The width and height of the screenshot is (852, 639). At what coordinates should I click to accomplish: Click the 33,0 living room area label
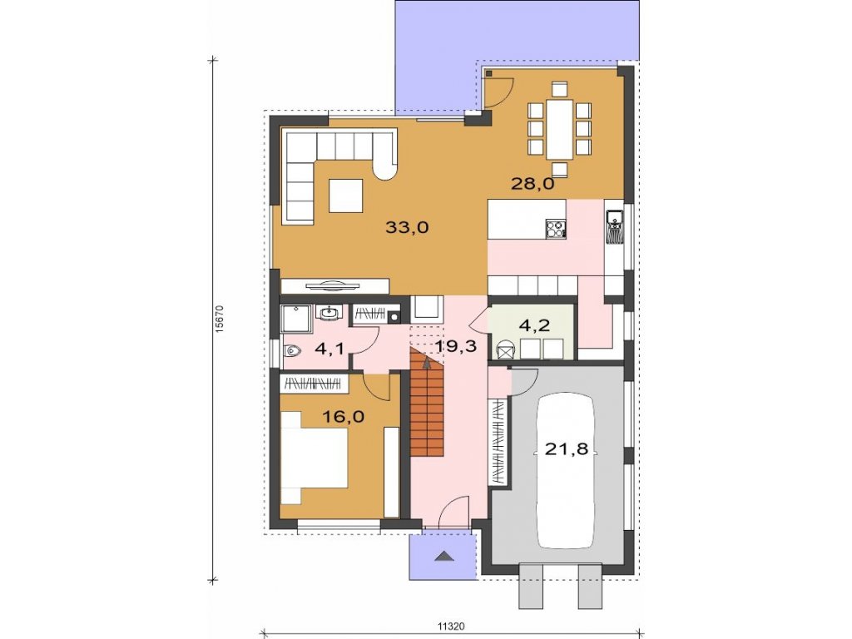(x=407, y=227)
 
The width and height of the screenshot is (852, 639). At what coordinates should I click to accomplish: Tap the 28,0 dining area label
(x=532, y=184)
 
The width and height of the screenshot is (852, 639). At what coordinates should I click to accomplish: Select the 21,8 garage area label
(x=566, y=449)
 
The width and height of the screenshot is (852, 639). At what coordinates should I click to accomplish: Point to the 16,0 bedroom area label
(x=343, y=417)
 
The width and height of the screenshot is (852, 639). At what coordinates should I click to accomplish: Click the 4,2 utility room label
(x=535, y=325)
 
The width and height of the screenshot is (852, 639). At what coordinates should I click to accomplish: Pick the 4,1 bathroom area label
(x=329, y=349)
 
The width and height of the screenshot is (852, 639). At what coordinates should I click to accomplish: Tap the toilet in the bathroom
(x=293, y=352)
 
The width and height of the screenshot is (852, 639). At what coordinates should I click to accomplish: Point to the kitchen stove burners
(x=556, y=229)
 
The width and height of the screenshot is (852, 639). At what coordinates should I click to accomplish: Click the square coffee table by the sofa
(x=345, y=196)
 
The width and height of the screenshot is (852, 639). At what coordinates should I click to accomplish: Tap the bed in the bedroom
(x=315, y=458)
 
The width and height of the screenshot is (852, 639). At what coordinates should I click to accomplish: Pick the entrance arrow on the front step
(x=443, y=555)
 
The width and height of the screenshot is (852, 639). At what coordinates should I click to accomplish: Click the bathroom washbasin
(x=329, y=313)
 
